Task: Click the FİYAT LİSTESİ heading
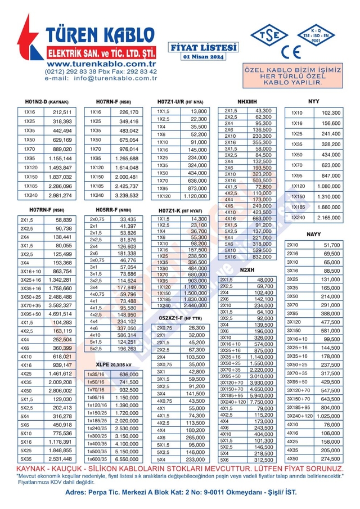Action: point(203,47)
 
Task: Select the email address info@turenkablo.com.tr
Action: point(115,78)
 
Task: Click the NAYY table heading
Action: point(314,233)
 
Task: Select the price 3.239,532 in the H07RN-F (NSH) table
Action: point(126,195)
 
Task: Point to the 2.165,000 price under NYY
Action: point(329,217)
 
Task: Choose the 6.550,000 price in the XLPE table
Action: point(126,459)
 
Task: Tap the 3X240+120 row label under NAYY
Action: point(299,416)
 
